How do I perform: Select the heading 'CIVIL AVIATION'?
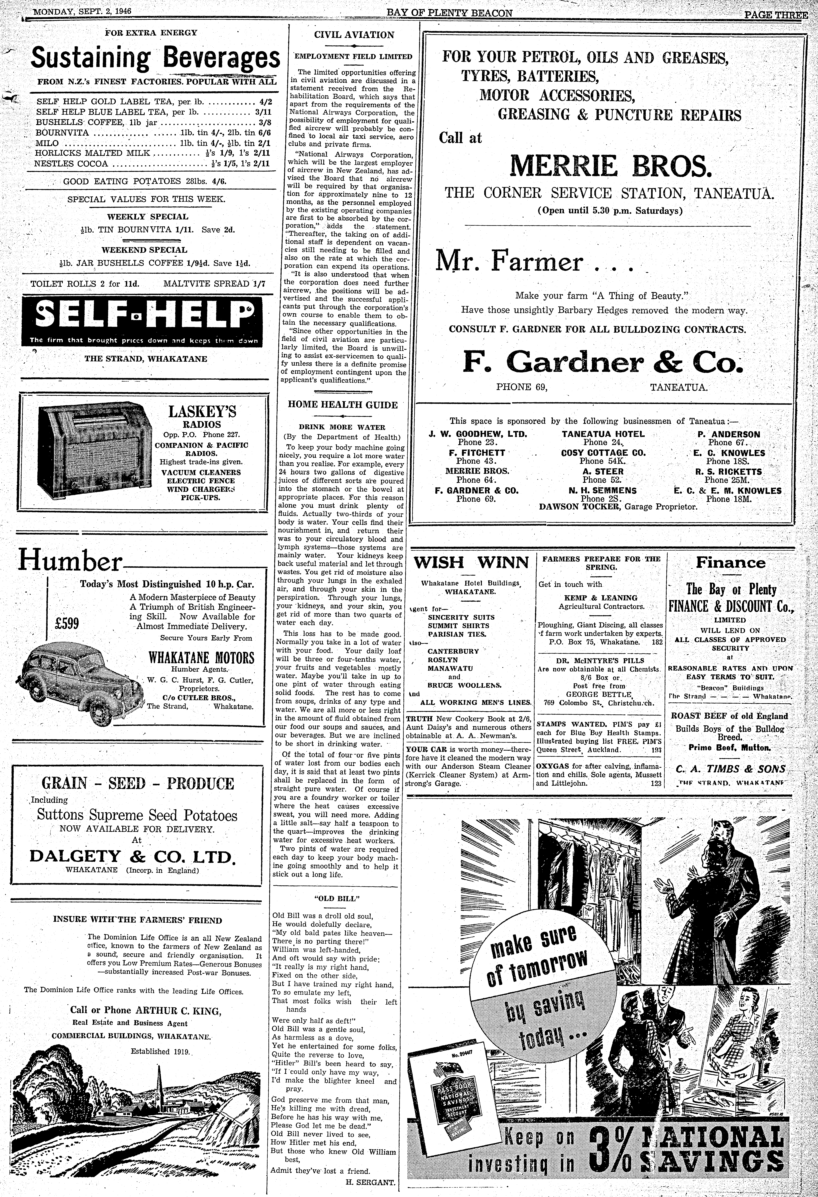[354, 35]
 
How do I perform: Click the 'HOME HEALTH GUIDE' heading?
[343, 405]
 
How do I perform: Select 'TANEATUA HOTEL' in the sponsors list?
[603, 434]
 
